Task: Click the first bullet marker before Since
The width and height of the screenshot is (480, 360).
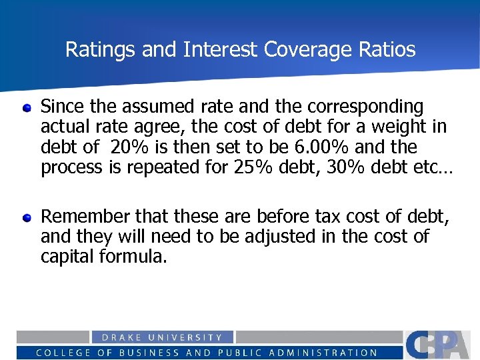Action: pyautogui.click(x=27, y=107)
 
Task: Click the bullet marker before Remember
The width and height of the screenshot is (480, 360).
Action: pyautogui.click(x=27, y=217)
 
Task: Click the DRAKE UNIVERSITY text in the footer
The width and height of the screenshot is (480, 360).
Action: pyautogui.click(x=161, y=338)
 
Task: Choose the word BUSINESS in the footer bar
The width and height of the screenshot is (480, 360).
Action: pyautogui.click(x=147, y=353)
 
